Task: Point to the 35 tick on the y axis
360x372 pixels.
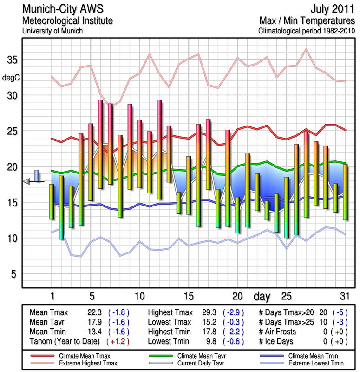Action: tap(11, 60)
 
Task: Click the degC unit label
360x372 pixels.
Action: tap(11, 77)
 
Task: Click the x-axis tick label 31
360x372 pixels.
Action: tap(344, 296)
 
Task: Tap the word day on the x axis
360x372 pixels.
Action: tap(263, 296)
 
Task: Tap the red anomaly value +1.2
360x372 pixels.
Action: tap(118, 341)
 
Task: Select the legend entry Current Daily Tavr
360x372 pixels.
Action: tap(199, 362)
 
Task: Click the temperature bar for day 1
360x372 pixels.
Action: tap(52, 201)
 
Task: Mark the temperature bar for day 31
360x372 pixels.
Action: tap(345, 192)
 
